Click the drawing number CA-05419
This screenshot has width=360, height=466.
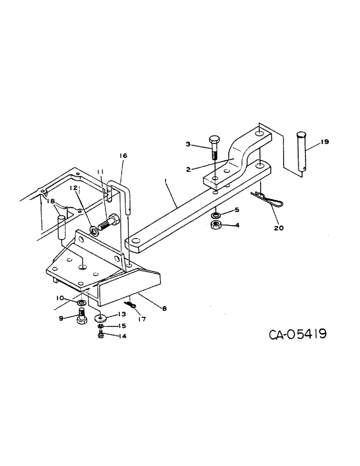297,335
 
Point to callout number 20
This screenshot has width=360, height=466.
279,228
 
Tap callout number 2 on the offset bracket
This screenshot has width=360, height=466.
188,170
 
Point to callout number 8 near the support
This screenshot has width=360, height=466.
164,308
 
